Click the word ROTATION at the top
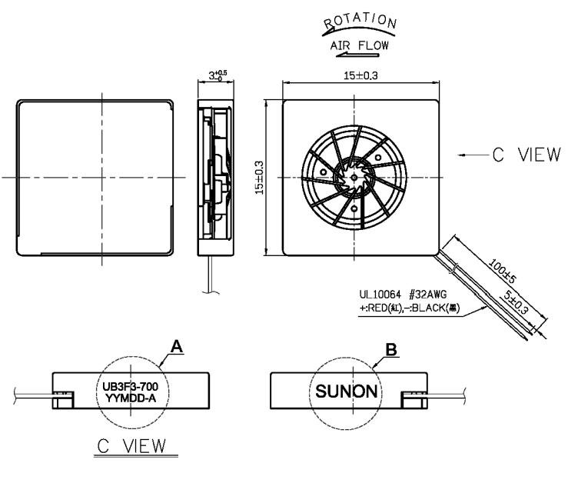point(360,21)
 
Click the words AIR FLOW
point(359,45)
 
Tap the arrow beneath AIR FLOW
point(357,55)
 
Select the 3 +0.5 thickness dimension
point(218,75)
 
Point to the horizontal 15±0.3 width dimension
point(360,75)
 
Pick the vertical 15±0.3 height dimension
point(259,178)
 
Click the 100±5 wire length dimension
point(502,271)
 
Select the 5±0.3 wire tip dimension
point(516,301)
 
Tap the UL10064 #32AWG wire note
point(403,295)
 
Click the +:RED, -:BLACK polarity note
point(410,308)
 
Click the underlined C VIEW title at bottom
point(132,446)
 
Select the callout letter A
point(177,347)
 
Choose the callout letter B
point(391,350)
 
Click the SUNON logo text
point(347,391)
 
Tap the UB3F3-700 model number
point(131,387)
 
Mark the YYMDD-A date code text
point(131,398)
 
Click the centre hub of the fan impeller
point(354,177)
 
